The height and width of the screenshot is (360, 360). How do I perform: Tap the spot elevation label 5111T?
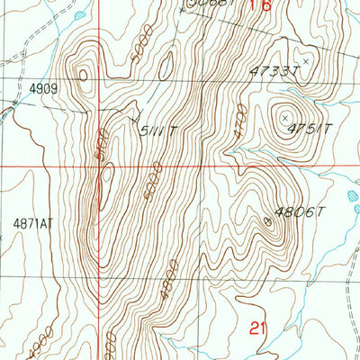point(157,130)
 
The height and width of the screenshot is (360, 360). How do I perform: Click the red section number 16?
point(259,6)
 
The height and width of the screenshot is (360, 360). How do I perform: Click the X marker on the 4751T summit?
point(286,118)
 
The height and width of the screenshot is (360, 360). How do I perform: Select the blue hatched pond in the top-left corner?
point(80,16)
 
